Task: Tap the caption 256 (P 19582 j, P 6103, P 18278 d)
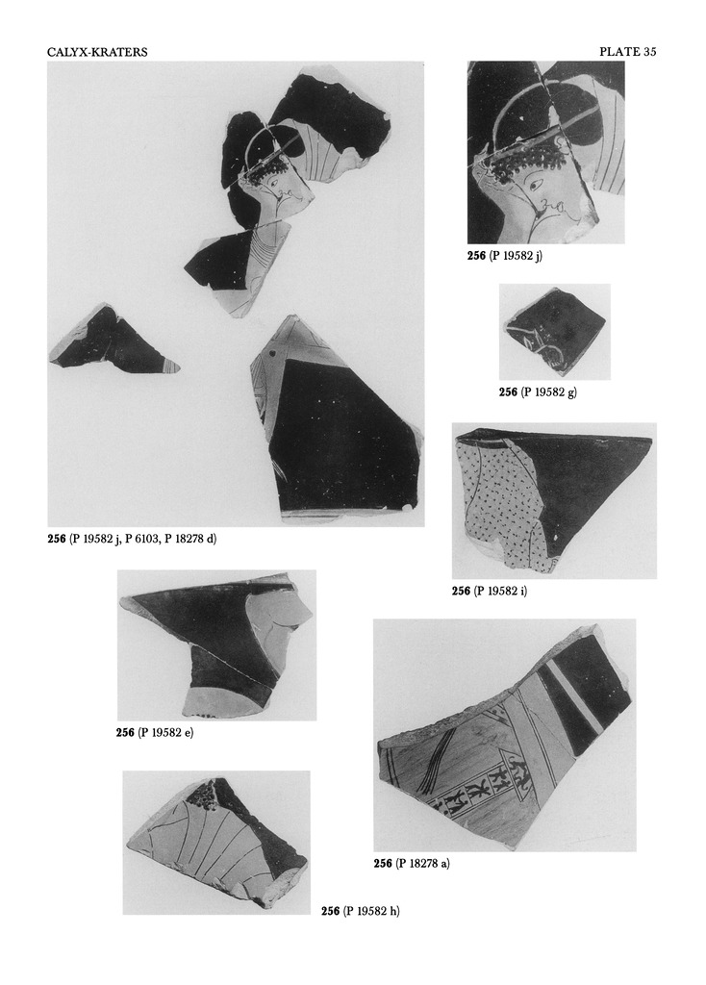point(133,539)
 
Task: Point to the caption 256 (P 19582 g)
point(538,391)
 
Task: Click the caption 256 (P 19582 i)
point(490,591)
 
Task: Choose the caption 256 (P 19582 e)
point(154,733)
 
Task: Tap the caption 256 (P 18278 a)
point(412,863)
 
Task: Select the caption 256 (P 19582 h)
point(360,911)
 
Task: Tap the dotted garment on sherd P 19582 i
point(500,500)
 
